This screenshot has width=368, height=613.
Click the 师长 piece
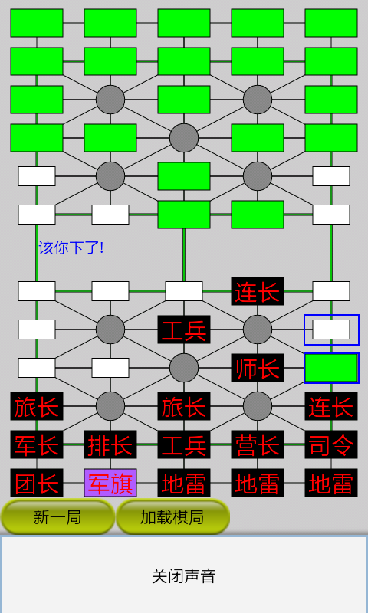pyautogui.click(x=258, y=368)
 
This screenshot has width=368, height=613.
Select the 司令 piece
pyautogui.click(x=331, y=444)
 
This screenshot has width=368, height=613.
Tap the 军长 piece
pyautogui.click(x=37, y=444)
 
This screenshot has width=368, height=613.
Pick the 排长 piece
pyautogui.click(x=110, y=444)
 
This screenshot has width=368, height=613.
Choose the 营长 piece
pyautogui.click(x=258, y=444)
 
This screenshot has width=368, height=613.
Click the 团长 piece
pyautogui.click(x=37, y=483)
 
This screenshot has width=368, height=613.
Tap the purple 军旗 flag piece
pyautogui.click(x=110, y=483)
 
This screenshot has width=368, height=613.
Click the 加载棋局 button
pyautogui.click(x=172, y=517)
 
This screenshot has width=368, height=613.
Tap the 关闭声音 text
pyautogui.click(x=184, y=576)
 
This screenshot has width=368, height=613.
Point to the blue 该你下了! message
pyautogui.click(x=71, y=247)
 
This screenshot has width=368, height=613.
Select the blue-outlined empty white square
pyautogui.click(x=331, y=329)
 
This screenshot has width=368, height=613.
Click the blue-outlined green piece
pyautogui.click(x=331, y=368)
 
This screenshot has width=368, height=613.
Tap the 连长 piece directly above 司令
pyautogui.click(x=331, y=406)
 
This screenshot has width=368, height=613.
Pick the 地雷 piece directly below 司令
pyautogui.click(x=331, y=483)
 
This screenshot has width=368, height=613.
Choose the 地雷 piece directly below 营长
pyautogui.click(x=258, y=483)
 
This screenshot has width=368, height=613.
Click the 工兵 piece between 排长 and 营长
pyautogui.click(x=184, y=444)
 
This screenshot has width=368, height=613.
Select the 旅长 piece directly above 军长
pyautogui.click(x=37, y=406)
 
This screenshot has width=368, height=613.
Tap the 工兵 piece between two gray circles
pyautogui.click(x=184, y=329)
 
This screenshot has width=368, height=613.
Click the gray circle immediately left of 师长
pyautogui.click(x=184, y=368)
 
